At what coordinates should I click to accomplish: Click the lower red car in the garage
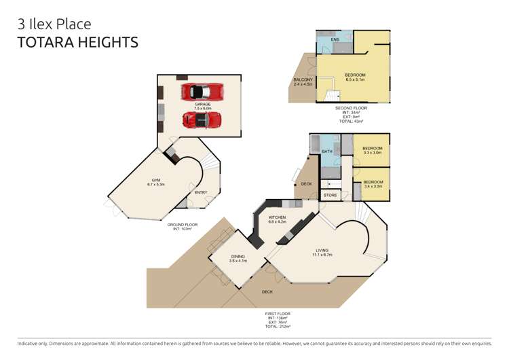click(x=202, y=120)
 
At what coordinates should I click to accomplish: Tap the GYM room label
click(x=156, y=179)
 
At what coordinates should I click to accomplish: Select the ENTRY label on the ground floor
click(x=201, y=192)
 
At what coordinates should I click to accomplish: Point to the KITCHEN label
click(x=278, y=217)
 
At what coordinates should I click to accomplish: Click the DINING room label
click(x=237, y=256)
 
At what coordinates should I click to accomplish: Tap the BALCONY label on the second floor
click(x=303, y=80)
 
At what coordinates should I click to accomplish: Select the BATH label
click(x=327, y=151)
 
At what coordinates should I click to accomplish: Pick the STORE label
click(x=331, y=196)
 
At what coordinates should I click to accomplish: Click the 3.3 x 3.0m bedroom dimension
click(x=373, y=153)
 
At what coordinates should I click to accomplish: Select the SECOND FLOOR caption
click(x=352, y=108)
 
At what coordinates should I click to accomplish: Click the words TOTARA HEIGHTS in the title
click(x=77, y=42)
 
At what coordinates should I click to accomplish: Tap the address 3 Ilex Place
click(x=54, y=24)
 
